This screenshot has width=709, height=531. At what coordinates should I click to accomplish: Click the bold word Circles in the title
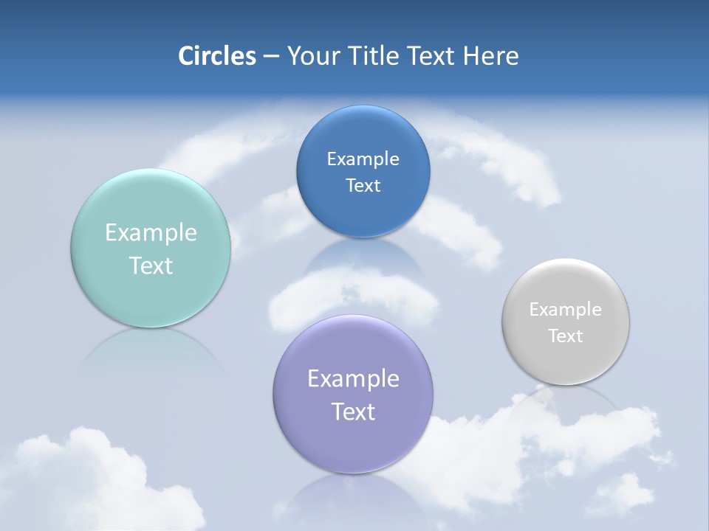(x=216, y=56)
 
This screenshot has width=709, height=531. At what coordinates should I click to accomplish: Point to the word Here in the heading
(x=491, y=56)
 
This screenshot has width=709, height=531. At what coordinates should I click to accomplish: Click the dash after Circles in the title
(x=271, y=57)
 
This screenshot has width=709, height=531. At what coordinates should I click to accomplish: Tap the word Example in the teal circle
(x=151, y=233)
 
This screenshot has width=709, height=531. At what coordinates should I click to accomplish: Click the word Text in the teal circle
(x=151, y=265)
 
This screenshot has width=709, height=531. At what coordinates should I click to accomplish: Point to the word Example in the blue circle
(x=363, y=159)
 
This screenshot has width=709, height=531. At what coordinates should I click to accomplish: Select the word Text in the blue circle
(x=363, y=186)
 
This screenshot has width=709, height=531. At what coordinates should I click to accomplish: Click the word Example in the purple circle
(x=353, y=379)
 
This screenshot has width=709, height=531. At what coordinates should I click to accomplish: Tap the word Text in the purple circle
(x=353, y=412)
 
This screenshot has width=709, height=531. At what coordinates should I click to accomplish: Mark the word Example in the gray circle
(x=566, y=310)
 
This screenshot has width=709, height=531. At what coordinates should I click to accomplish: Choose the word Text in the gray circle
(x=566, y=336)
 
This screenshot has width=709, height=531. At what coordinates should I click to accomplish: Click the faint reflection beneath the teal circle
(x=151, y=350)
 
